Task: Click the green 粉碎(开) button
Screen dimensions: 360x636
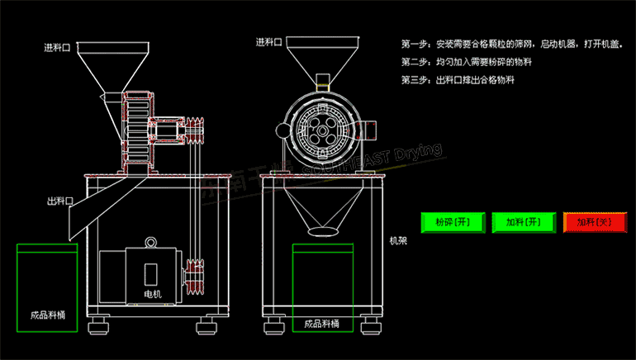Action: click(451, 222)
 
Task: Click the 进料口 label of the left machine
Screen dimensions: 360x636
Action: click(59, 47)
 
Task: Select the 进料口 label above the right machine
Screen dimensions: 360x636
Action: click(269, 42)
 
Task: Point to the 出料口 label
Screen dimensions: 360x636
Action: click(60, 201)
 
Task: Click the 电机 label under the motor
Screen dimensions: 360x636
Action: click(152, 295)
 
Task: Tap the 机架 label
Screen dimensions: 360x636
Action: click(401, 241)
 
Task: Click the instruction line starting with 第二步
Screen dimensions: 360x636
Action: click(467, 62)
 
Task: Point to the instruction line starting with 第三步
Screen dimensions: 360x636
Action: click(457, 80)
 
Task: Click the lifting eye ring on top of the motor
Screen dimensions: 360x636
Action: click(150, 242)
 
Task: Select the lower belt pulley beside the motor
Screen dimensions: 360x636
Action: click(196, 277)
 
